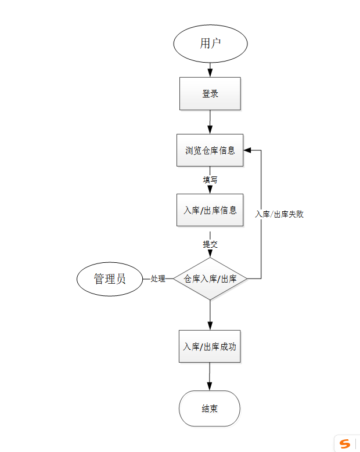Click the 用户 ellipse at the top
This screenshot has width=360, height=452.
point(210,44)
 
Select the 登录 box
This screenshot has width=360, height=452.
point(210,93)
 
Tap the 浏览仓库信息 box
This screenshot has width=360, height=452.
point(210,150)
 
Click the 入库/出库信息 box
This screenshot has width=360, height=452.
point(210,209)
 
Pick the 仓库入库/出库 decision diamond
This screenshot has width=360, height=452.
point(210,279)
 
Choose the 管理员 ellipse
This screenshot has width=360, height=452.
point(110,279)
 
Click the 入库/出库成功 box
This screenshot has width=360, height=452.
point(210,346)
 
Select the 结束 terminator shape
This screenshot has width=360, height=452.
point(210,408)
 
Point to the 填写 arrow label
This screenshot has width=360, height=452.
point(210,180)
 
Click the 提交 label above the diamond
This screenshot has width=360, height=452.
point(210,244)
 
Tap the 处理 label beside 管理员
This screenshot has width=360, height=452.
point(158,279)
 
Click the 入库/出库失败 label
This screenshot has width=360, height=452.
point(279,214)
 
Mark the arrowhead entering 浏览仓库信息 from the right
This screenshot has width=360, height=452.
point(247,150)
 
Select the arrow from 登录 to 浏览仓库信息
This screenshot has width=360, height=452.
point(210,122)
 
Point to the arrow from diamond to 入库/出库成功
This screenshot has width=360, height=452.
point(210,315)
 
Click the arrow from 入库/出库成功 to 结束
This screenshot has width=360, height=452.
point(210,377)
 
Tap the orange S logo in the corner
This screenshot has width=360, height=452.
point(345,444)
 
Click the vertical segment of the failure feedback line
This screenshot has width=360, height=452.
point(261,244)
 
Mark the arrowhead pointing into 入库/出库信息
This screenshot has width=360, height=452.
point(210,190)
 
